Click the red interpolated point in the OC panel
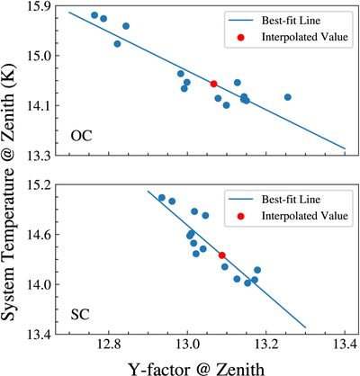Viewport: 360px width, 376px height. [x=213, y=84]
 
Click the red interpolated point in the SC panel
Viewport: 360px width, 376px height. [x=222, y=255]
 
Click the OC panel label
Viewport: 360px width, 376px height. [x=81, y=136]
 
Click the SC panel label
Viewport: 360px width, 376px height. [x=80, y=315]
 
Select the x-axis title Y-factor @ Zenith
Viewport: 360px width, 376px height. [x=196, y=369]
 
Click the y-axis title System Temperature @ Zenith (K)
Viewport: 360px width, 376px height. [x=8, y=192]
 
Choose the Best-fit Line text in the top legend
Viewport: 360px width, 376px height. [x=291, y=21]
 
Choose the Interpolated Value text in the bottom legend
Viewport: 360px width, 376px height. [x=305, y=216]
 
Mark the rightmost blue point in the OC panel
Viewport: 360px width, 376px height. [x=288, y=97]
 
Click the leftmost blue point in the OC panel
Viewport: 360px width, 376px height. [x=94, y=15]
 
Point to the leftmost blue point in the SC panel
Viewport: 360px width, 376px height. [x=162, y=197]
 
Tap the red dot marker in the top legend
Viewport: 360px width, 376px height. [x=240, y=37]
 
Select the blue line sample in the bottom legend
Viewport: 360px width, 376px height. [x=241, y=200]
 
